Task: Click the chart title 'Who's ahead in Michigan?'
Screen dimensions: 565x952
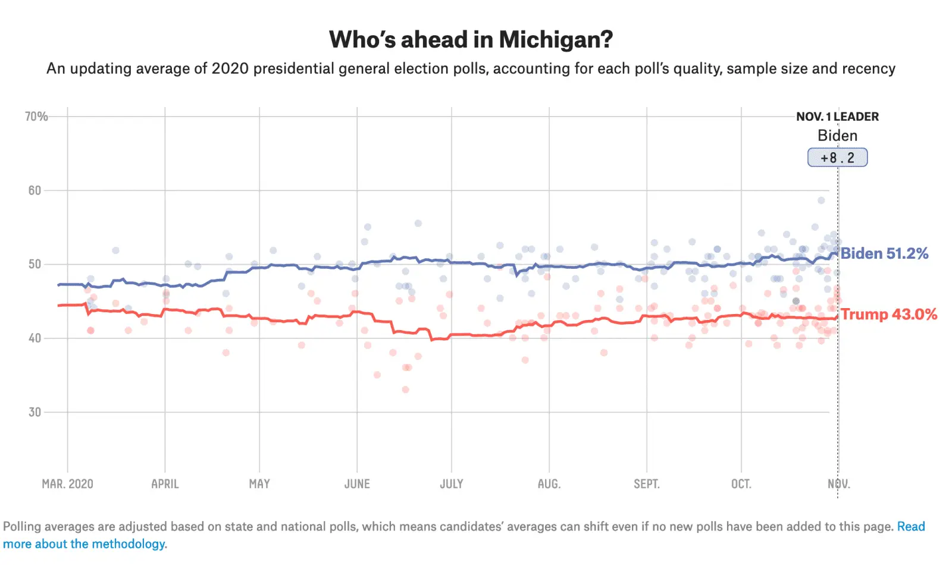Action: (471, 40)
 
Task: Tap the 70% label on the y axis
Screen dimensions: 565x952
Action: (36, 117)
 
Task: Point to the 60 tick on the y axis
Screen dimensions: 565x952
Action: (35, 190)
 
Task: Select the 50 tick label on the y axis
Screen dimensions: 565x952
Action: (35, 264)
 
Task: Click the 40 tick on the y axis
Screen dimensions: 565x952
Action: (35, 338)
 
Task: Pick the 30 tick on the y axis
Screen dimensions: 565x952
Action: (35, 412)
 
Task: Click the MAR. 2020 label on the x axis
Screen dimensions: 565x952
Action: (67, 484)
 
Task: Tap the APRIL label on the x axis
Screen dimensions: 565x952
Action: (165, 484)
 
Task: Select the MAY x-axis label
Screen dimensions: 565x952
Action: (259, 484)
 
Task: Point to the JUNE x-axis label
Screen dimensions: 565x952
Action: (357, 484)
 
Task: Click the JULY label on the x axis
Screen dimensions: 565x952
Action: (452, 484)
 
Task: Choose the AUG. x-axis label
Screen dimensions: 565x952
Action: (549, 484)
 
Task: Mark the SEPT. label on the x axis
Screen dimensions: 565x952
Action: (647, 484)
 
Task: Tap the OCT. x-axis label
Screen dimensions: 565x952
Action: (741, 484)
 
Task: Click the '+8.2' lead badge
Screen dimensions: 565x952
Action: (837, 158)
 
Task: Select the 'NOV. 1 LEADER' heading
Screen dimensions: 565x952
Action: (837, 117)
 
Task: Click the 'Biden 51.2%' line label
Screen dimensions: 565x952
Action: (884, 253)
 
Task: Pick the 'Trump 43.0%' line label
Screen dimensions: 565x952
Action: (889, 314)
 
